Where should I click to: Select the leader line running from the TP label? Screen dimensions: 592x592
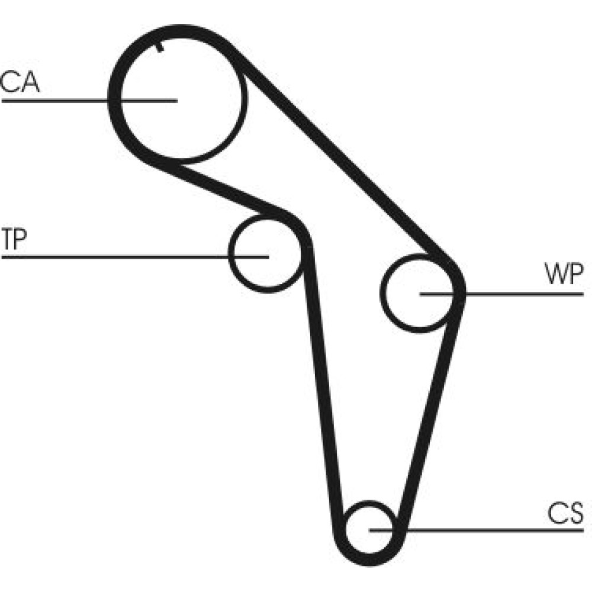pyautogui.click(x=118, y=257)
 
